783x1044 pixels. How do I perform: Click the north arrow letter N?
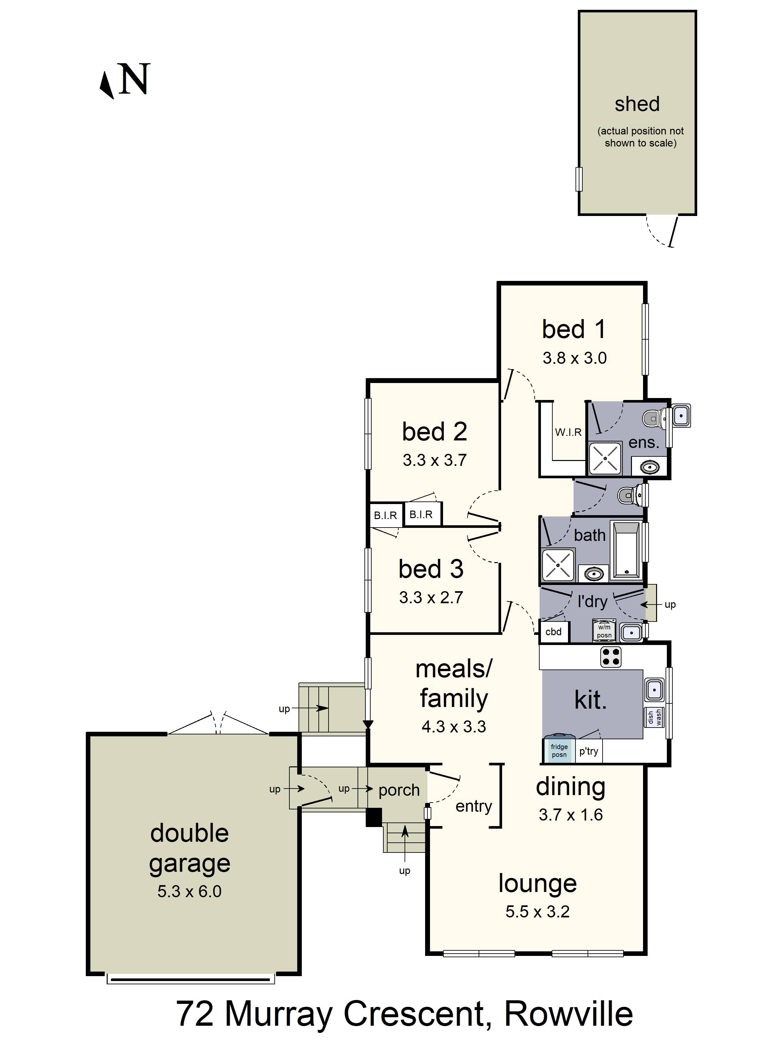coord(135,79)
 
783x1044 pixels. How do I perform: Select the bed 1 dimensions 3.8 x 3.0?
coord(575,358)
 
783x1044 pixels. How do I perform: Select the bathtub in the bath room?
coord(626,550)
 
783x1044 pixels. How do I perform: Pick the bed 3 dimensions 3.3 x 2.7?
coord(431,597)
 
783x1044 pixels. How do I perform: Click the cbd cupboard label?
coord(554,632)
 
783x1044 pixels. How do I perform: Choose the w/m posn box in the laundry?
coord(604,631)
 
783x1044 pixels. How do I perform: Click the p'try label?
coord(589,751)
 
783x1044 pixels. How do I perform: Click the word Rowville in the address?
coord(568,1013)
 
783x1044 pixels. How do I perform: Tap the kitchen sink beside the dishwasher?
coord(654,690)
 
